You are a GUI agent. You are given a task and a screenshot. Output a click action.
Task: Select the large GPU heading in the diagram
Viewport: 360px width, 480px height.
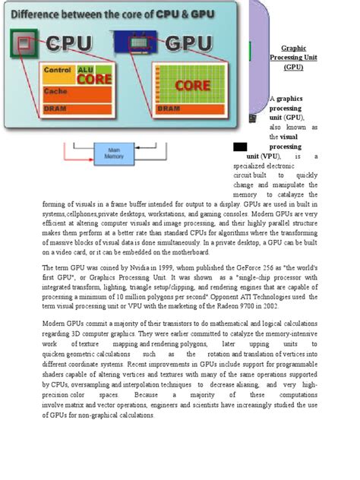186,43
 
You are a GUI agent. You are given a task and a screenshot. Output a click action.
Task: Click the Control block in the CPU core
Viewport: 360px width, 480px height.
58,71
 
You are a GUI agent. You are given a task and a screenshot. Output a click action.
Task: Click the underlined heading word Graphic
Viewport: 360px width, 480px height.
293,48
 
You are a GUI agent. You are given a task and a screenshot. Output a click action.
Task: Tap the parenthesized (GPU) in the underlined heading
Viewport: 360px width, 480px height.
293,68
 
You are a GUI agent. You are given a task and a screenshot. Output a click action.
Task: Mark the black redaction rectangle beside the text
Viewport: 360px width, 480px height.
240,146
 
